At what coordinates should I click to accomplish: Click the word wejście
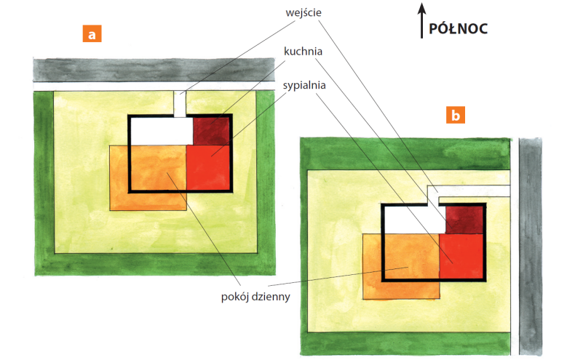304,13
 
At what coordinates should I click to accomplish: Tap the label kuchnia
303,52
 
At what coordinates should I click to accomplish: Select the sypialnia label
304,85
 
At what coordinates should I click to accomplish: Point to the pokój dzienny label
255,297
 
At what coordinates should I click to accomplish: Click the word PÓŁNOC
458,29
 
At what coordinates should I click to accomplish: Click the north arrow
421,20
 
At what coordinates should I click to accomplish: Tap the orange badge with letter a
92,33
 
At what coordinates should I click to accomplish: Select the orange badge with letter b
456,115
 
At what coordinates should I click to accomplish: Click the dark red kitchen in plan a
212,131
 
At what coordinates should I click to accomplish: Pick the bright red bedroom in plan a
208,167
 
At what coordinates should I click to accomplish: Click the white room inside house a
162,131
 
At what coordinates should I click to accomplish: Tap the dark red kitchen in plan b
464,220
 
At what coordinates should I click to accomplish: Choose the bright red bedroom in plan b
461,256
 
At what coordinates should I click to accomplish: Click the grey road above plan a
154,70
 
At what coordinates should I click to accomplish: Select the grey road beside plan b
531,247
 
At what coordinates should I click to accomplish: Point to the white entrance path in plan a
180,104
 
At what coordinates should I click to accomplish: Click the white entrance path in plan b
473,191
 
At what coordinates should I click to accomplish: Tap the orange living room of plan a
148,177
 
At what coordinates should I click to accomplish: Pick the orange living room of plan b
402,266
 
